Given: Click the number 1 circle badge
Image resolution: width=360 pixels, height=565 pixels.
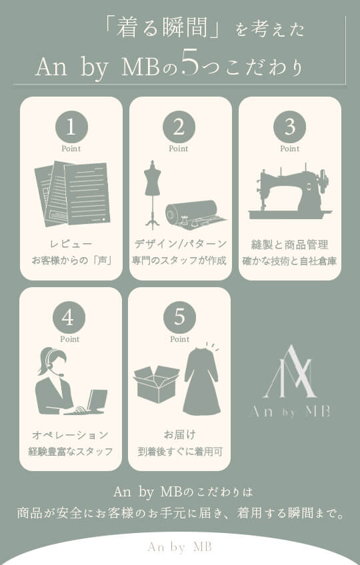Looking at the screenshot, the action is coord(71,127).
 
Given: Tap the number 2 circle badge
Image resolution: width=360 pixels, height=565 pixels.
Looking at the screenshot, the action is coord(179,127).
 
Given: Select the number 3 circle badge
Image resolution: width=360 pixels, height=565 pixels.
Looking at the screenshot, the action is coord(289,127).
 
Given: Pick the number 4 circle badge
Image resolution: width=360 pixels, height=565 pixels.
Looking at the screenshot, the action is coord(69,317).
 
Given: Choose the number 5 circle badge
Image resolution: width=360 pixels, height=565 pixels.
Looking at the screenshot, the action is coord(179,317).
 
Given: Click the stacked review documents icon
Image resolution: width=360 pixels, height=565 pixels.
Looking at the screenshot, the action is coord(72,193).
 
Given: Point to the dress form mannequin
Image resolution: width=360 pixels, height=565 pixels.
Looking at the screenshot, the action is coord(153,195).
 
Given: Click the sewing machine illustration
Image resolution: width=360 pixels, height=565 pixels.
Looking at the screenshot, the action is coord(289,192).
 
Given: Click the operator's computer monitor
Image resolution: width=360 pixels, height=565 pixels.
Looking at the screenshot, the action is coord(97,399).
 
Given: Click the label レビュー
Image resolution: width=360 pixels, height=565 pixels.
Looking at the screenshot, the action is coord(71,244).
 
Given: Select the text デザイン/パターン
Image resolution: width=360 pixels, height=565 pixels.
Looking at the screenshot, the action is coord(181,244).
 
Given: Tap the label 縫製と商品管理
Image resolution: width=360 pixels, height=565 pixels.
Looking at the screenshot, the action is coord(289,245).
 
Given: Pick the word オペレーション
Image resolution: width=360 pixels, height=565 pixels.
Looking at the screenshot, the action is coord(71,435).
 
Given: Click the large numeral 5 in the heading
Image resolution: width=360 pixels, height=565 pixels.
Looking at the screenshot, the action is coord(190,63).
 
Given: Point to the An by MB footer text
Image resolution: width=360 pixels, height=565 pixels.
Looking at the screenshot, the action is coord(179,546).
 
